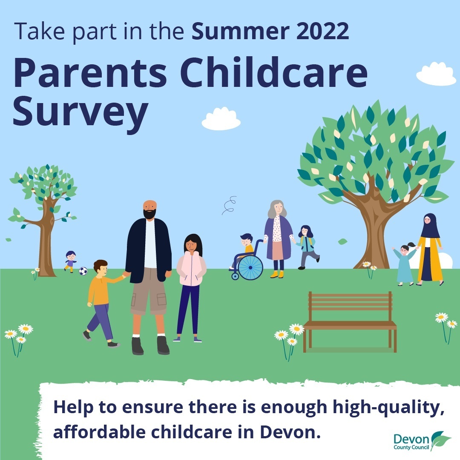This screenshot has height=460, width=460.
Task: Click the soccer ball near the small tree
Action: tap(83, 271)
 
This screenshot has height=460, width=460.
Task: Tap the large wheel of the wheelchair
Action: tap(250, 267)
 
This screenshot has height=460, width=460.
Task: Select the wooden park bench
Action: tap(350, 322)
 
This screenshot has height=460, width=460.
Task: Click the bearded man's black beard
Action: tap(149, 214)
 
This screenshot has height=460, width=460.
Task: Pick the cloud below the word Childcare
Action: tap(221, 119)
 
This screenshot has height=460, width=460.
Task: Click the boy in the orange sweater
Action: tap(101, 302)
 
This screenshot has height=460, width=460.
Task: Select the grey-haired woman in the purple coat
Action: tap(278, 237)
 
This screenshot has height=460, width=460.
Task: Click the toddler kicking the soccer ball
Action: tap(70, 261)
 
